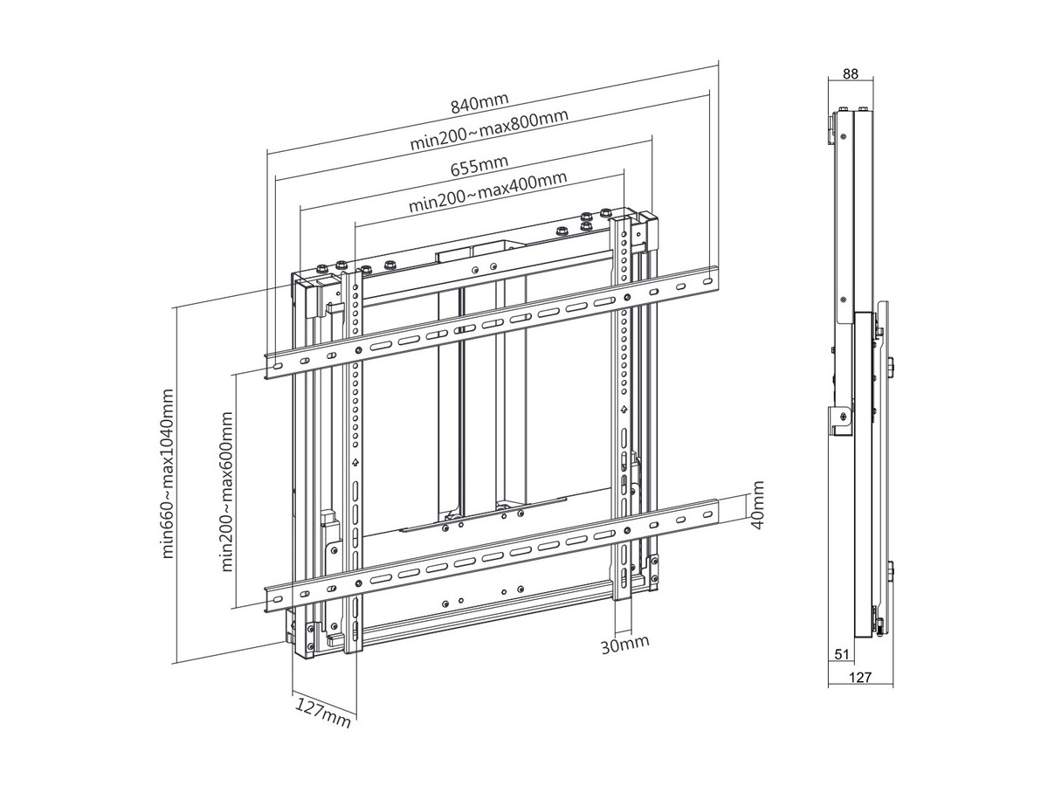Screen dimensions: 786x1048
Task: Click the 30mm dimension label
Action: pos(625,645)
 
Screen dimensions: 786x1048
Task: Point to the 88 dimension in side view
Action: pos(850,75)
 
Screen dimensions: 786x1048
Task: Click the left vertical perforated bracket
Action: pos(355,454)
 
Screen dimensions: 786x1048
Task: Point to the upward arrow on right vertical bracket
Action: pos(624,410)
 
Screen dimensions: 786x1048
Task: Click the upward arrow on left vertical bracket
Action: pos(355,464)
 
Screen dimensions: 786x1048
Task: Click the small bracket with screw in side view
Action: pos(840,418)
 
